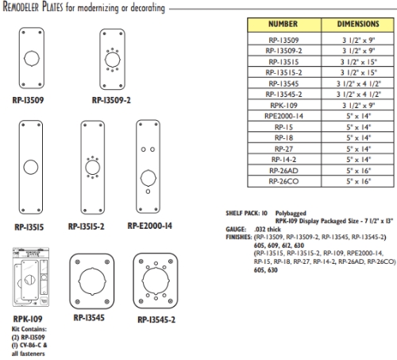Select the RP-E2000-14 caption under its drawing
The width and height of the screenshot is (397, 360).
(148, 226)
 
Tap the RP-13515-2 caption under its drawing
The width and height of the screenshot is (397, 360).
(92, 226)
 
